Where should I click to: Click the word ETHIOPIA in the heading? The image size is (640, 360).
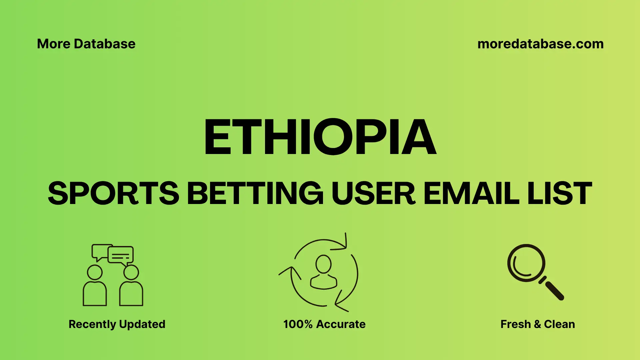click(320, 137)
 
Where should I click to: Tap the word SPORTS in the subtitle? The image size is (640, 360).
click(114, 193)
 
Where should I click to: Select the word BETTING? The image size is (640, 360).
click(255, 193)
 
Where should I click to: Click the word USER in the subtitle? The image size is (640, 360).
click(373, 193)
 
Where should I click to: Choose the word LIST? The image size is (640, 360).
click(560, 193)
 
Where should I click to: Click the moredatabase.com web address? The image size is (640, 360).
click(540, 44)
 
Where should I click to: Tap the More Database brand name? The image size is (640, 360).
click(86, 44)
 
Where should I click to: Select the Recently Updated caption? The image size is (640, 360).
click(117, 324)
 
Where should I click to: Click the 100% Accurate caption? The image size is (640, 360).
click(324, 324)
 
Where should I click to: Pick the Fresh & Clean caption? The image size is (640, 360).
click(538, 324)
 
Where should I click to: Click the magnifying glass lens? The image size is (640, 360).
click(526, 263)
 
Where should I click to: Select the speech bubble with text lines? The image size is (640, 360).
click(121, 255)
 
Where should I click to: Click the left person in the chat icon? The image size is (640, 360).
click(95, 287)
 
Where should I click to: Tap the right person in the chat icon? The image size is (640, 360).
click(131, 287)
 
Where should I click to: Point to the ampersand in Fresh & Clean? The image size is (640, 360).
click(537, 324)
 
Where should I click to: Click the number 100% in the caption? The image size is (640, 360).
click(298, 324)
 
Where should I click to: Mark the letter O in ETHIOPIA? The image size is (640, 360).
click(333, 137)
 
